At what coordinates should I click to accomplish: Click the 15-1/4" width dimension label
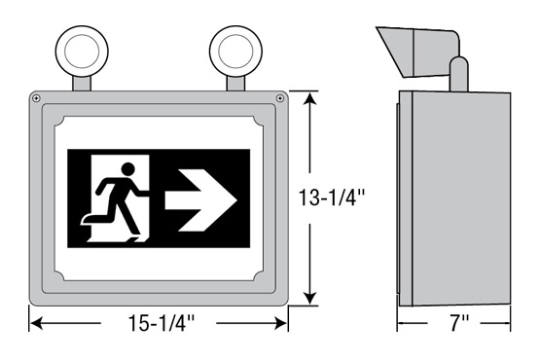[x=162, y=323]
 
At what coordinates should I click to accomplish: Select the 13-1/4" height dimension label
[x=332, y=198]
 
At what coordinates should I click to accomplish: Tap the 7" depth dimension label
[x=459, y=323]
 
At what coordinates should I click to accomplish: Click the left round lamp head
[x=82, y=52]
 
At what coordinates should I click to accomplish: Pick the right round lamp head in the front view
[x=235, y=52]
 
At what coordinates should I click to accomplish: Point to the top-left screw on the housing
[x=36, y=98]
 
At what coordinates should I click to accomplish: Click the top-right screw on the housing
[x=280, y=98]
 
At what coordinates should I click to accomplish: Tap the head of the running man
[x=127, y=169]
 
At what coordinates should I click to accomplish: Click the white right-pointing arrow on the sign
[x=201, y=200]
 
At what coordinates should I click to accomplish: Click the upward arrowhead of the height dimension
[x=310, y=99]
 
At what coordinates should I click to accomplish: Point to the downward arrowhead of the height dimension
[x=310, y=298]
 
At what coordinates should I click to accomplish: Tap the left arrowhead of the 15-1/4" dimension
[x=37, y=323]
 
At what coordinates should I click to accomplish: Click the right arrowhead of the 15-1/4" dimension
[x=280, y=323]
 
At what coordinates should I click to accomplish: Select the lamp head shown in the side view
[x=418, y=52]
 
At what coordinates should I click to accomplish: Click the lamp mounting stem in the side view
[x=459, y=74]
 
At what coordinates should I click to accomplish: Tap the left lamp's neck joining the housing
[x=82, y=84]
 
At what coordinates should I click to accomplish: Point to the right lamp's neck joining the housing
[x=235, y=84]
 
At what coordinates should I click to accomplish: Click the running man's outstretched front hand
[x=145, y=193]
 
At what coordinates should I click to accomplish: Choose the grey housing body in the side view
[x=454, y=198]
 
